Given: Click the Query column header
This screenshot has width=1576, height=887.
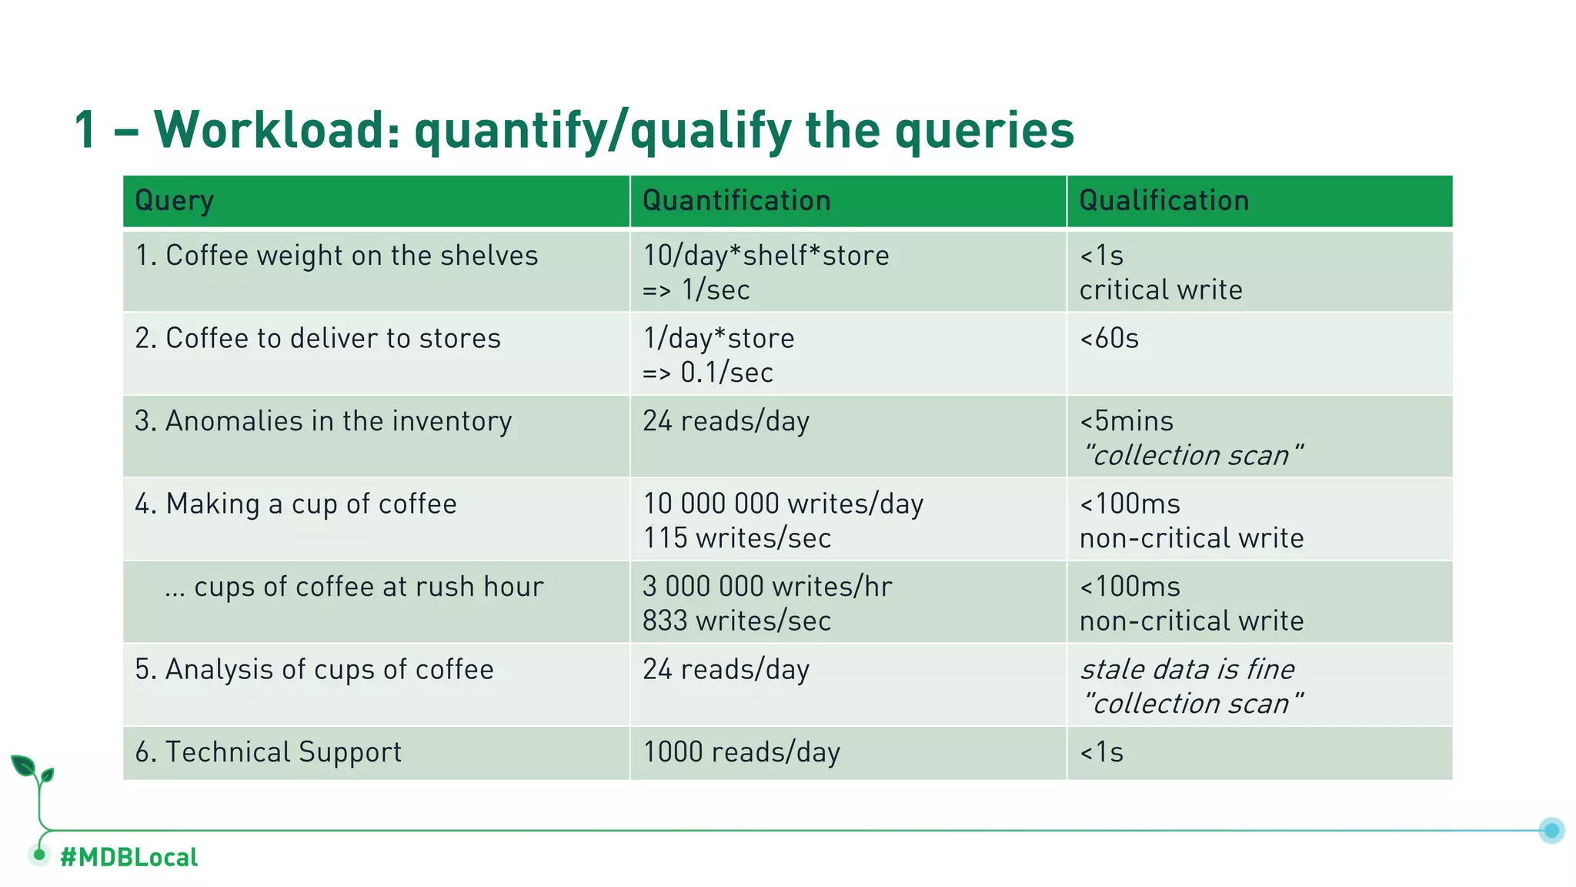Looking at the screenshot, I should (175, 202).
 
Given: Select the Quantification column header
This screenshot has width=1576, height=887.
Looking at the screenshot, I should (736, 201).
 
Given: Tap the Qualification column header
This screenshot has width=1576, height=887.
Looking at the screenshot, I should (1164, 201).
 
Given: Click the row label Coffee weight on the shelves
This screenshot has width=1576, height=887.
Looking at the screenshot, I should (336, 256).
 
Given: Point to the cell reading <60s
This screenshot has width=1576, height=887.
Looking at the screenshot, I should (1109, 339).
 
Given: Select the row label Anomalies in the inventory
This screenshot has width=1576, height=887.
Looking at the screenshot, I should (323, 421).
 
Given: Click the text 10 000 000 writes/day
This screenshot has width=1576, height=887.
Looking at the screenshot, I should (783, 504).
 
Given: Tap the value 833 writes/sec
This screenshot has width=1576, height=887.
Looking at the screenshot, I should (736, 621).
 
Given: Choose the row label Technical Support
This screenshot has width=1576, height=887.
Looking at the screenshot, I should (269, 752).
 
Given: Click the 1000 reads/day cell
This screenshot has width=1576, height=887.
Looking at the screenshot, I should (741, 752).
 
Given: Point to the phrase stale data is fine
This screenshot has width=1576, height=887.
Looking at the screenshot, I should (1187, 669).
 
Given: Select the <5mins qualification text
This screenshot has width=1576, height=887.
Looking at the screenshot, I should (1127, 421).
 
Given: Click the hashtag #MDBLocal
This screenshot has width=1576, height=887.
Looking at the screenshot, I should (129, 857).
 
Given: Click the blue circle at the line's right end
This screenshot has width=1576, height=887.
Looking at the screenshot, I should (1551, 830).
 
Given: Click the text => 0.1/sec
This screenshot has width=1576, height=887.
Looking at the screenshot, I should (708, 373).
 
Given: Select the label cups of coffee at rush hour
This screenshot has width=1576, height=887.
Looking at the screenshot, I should (354, 587).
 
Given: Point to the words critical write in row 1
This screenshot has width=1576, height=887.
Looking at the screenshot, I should (1160, 290).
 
